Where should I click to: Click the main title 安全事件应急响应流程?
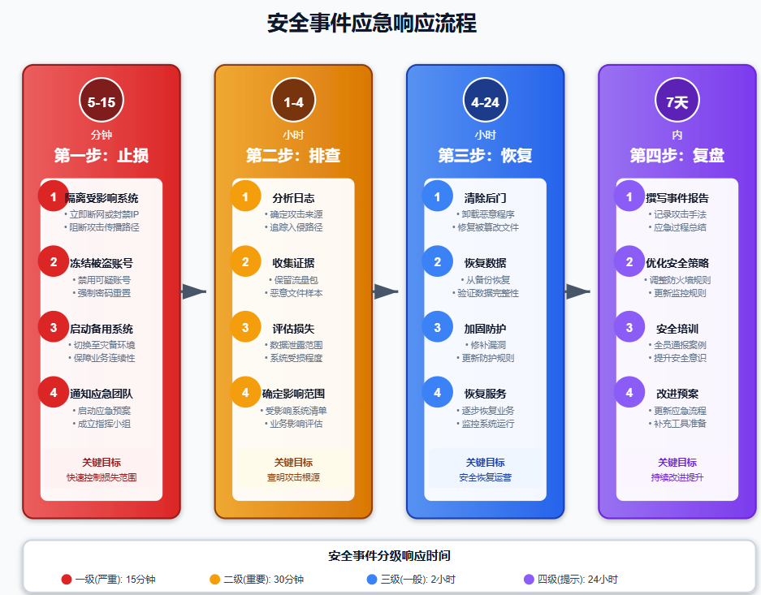pos(372,24)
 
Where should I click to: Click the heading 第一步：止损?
pos(102,155)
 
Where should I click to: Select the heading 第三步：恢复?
pos(485,155)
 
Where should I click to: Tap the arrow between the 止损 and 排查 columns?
pos(195,291)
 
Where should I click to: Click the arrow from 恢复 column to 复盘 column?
pos(578,291)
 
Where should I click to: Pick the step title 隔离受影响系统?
pos(102,198)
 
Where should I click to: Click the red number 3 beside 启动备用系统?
pos(54,328)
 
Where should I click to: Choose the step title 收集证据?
pos(293,263)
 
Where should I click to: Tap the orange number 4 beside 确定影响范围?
pos(245,393)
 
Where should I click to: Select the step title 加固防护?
pos(485,329)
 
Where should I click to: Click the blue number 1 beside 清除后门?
pos(437,197)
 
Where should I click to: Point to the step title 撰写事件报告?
pos(677,198)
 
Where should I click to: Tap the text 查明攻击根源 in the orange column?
pos(293,477)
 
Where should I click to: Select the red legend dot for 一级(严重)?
pos(67,580)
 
